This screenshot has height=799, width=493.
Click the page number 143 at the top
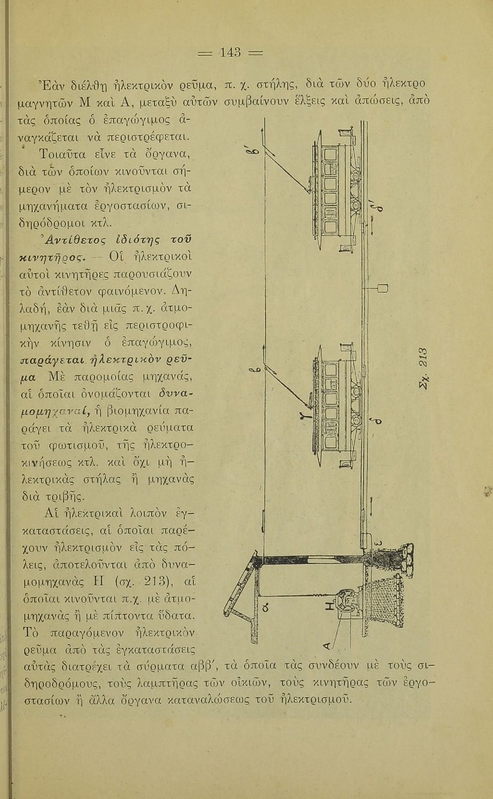(231, 53)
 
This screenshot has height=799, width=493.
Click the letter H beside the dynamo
(330, 606)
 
